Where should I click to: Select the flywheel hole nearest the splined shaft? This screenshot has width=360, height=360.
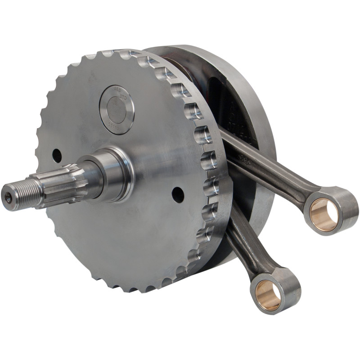click(x=57, y=155)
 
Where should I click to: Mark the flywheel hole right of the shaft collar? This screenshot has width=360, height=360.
click(x=178, y=195)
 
